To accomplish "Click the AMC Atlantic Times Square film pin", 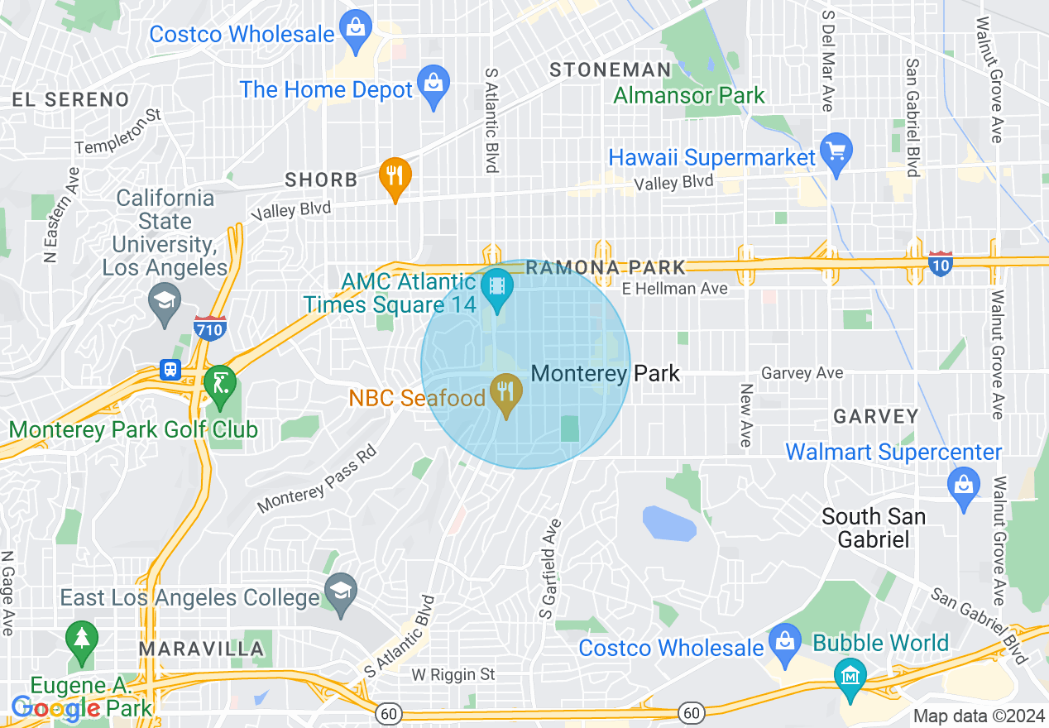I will [x=496, y=290].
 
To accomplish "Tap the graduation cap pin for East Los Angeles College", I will [x=339, y=594].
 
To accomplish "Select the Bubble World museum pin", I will [x=850, y=676].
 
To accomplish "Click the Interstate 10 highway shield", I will [x=940, y=263].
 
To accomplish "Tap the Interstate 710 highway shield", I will [x=210, y=328].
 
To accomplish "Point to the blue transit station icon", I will [x=171, y=369].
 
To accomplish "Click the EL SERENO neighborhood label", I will [x=70, y=100].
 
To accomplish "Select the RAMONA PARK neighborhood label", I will [x=606, y=267].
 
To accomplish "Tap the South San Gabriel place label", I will [x=873, y=528].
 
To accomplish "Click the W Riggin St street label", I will [x=453, y=675].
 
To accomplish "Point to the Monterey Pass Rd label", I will [x=318, y=480].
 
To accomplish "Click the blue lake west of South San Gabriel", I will [x=669, y=523].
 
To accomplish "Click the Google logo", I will [x=56, y=708].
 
